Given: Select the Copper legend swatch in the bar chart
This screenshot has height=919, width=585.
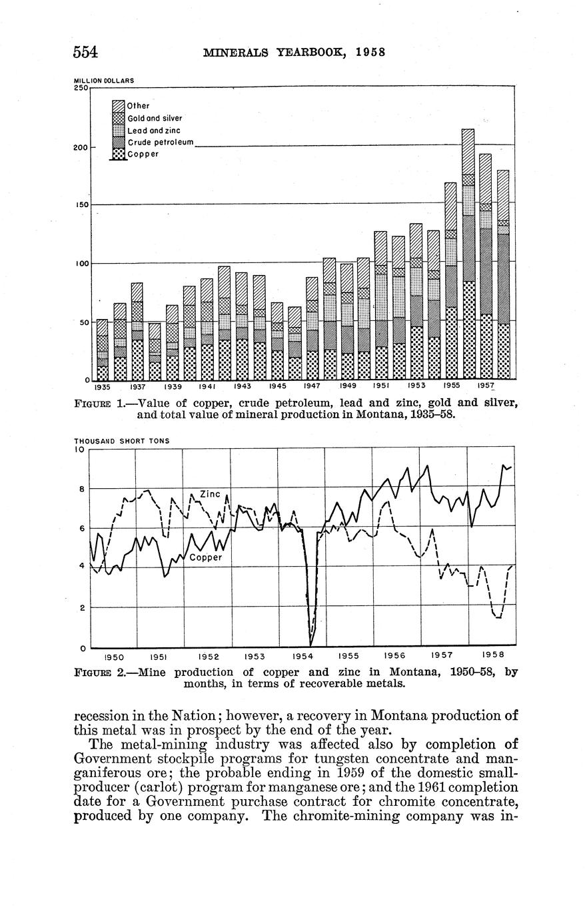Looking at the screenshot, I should pos(118,154).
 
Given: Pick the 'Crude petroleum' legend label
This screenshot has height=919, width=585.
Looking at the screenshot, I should pos(160,143).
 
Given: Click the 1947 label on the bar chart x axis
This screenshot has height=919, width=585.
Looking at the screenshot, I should pos(312,386).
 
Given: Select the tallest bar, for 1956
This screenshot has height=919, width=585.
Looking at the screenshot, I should pos(468,253).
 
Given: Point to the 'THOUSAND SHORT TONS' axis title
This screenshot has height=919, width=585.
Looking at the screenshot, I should pos(121,441).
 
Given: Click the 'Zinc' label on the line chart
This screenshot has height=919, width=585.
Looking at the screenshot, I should pos(210,494).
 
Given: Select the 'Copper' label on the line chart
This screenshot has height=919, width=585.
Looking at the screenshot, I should pos(205,557).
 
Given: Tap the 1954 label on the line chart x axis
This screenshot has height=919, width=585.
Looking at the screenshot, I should pos(303,656).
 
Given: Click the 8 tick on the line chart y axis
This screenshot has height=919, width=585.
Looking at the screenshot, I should pos(81,489).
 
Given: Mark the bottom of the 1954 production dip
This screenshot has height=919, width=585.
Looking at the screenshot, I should pos(311,643).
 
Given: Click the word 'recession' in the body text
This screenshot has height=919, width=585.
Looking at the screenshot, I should pos(105,716).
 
